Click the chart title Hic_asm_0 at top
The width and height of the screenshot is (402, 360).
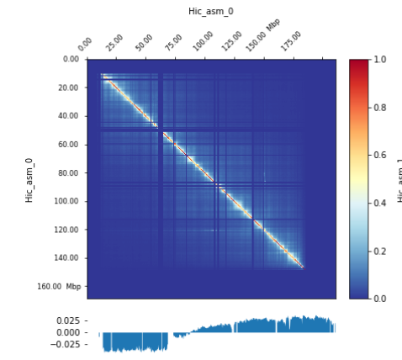(211, 12)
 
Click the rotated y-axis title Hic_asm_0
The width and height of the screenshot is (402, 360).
(29, 179)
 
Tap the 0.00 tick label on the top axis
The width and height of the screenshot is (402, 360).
(85, 45)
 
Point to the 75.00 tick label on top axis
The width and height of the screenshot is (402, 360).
(173, 43)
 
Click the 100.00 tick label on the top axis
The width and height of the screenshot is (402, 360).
(203, 41)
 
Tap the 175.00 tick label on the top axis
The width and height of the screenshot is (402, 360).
(291, 41)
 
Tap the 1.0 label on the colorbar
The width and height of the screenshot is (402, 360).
(380, 60)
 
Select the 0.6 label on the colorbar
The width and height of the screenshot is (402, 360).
(380, 156)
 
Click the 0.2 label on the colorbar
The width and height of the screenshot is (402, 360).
(380, 251)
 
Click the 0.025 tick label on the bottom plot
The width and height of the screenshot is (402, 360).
(67, 321)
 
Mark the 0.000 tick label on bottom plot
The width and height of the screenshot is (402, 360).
(67, 333)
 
